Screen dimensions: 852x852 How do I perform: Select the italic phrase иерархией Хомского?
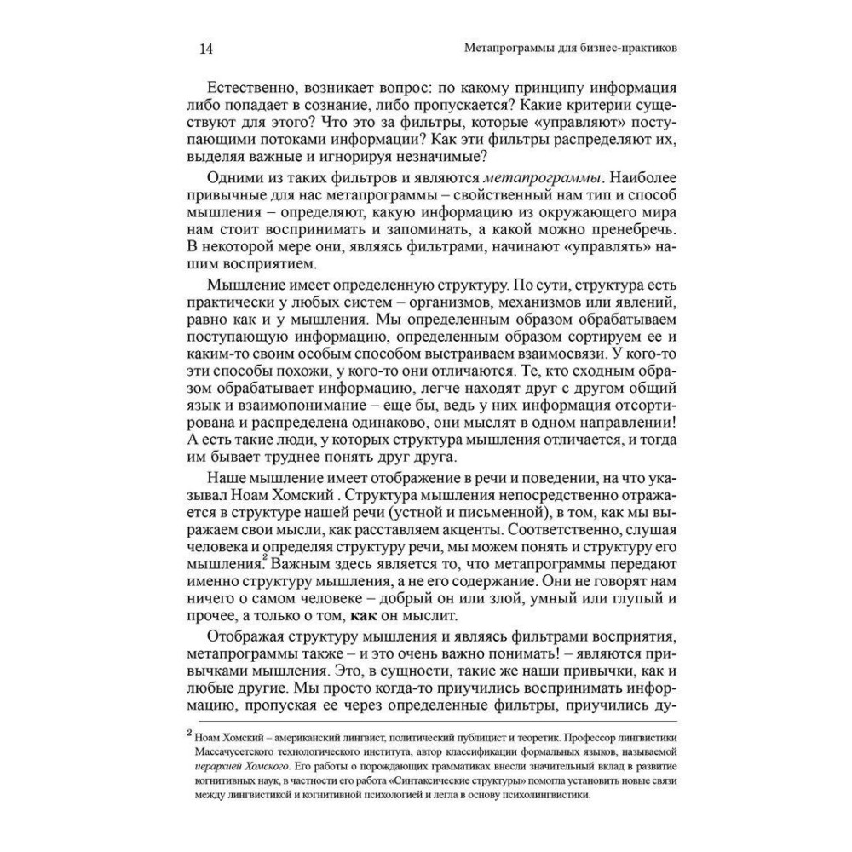pos(246,766)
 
